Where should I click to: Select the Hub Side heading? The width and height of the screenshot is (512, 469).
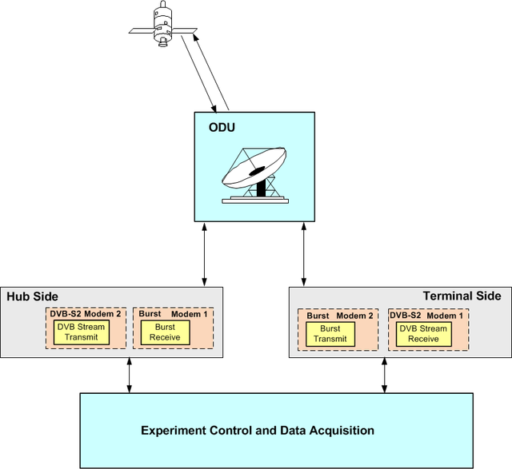click(x=32, y=296)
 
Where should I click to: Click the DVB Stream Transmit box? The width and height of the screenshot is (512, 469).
click(x=82, y=332)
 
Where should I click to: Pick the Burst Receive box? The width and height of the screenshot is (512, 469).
click(x=166, y=332)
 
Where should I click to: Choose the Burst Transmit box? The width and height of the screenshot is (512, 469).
click(x=330, y=333)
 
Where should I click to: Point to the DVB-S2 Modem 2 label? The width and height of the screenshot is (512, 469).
click(x=86, y=314)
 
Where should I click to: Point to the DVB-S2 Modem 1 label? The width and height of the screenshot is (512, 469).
click(x=426, y=316)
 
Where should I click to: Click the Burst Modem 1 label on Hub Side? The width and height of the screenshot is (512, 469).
click(x=173, y=314)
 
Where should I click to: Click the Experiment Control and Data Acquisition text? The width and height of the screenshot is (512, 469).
click(x=258, y=431)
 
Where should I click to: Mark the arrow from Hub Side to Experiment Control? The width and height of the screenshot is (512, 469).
click(x=130, y=376)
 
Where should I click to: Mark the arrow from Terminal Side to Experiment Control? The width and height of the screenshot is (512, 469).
click(x=383, y=376)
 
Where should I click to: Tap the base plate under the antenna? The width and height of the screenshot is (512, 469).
click(x=254, y=199)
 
